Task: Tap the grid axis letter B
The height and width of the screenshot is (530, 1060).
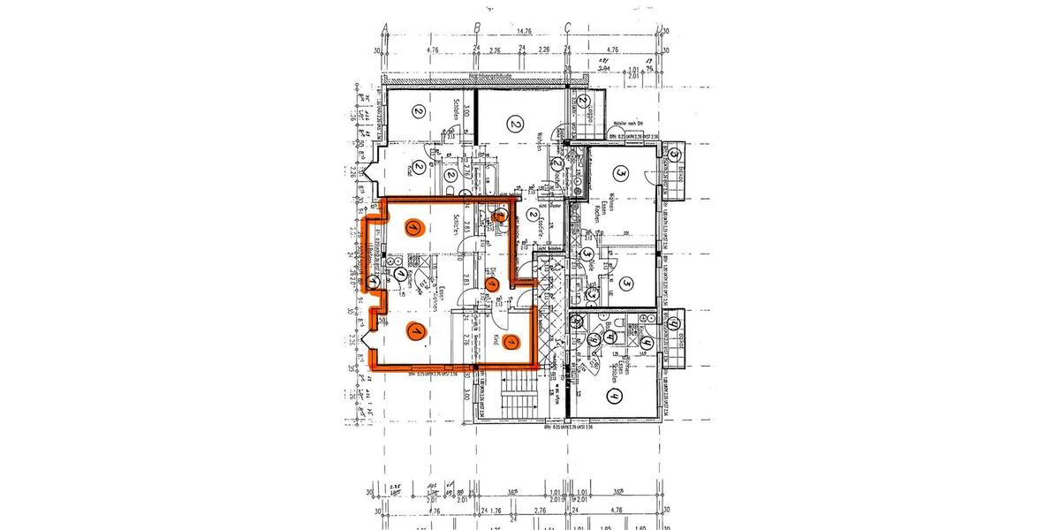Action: pyautogui.click(x=476, y=26)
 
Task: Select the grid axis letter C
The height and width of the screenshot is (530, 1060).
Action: pyautogui.click(x=567, y=26)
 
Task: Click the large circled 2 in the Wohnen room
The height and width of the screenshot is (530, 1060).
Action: pyautogui.click(x=515, y=124)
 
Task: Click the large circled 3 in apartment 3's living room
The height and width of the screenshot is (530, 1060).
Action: pyautogui.click(x=621, y=172)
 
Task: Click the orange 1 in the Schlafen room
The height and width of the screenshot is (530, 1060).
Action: pyautogui.click(x=413, y=227)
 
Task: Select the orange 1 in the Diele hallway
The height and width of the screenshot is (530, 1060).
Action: pyautogui.click(x=493, y=284)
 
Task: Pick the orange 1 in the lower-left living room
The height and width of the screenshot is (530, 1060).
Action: pyautogui.click(x=412, y=331)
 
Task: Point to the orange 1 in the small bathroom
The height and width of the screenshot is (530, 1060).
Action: pyautogui.click(x=500, y=214)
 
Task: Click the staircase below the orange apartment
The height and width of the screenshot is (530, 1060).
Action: pyautogui.click(x=512, y=397)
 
